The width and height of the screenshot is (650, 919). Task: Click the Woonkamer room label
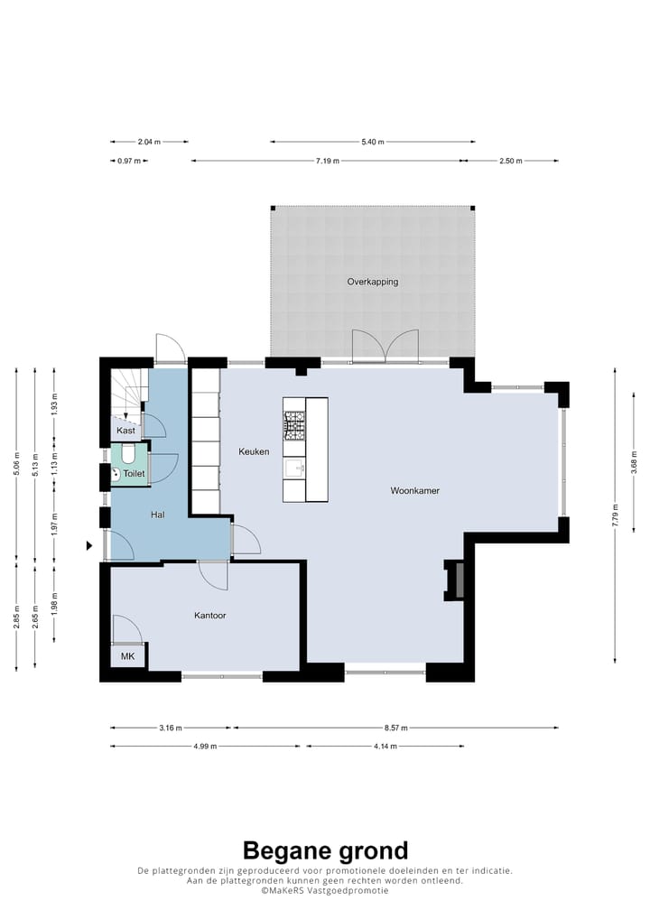tap(414, 490)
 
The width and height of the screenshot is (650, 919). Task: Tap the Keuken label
tap(254, 451)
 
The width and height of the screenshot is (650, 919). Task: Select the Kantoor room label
tap(209, 616)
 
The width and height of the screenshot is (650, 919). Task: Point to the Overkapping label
tap(372, 282)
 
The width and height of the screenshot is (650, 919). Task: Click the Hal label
tap(157, 515)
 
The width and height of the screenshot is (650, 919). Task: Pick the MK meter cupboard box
tap(128, 655)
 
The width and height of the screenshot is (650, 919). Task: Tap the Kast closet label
tap(126, 431)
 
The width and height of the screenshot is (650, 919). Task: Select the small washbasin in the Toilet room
tap(116, 474)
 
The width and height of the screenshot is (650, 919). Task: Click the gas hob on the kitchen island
tap(295, 425)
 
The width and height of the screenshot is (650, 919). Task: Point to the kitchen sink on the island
tap(294, 469)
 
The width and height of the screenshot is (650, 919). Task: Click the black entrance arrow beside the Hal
tap(89, 545)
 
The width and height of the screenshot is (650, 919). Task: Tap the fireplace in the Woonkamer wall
tap(455, 580)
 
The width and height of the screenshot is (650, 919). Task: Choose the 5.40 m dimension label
tap(372, 142)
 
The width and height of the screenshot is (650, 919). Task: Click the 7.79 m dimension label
tap(615, 515)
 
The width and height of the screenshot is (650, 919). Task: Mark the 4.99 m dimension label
tap(205, 747)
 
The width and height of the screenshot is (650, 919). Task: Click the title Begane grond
tap(325, 850)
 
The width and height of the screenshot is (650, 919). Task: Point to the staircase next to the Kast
tap(128, 392)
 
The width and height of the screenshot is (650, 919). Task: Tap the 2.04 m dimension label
tap(149, 142)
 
